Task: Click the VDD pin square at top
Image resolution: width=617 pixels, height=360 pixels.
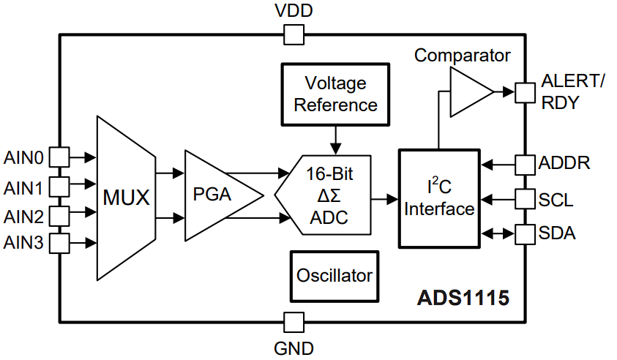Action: pos(293,34)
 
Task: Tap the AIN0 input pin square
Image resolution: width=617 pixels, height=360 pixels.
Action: pos(59,157)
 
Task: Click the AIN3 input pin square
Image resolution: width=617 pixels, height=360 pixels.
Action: pos(59,243)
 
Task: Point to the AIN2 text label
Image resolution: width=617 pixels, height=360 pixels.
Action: pos(23,217)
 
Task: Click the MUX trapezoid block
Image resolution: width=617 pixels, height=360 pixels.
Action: pos(126,198)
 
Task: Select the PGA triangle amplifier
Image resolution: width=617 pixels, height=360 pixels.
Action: pos(217,195)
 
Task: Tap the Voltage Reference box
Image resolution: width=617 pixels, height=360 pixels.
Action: pos(335,94)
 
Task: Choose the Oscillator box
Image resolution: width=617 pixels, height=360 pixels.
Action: pos(334,276)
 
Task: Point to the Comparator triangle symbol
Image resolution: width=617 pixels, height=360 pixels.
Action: pos(471,92)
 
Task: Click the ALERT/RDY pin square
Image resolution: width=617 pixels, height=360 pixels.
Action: pos(526,92)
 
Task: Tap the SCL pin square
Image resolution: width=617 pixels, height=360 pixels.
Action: pos(526,198)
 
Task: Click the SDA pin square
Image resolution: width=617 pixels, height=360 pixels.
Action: pos(526,234)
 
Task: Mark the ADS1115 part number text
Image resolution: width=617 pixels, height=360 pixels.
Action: pos(463,299)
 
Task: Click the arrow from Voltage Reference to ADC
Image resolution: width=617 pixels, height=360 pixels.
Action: pos(335,138)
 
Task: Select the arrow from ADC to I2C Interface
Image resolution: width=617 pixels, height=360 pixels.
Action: pos(384,198)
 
